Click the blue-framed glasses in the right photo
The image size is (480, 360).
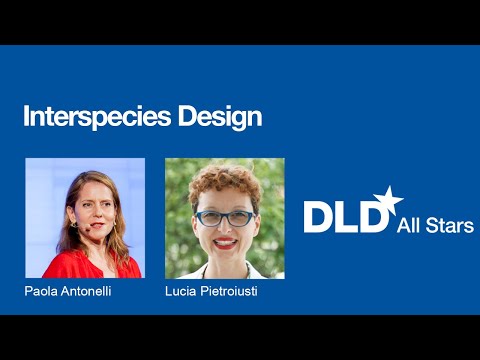223,217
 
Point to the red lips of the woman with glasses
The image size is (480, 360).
225,242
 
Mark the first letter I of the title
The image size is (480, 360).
26,117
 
